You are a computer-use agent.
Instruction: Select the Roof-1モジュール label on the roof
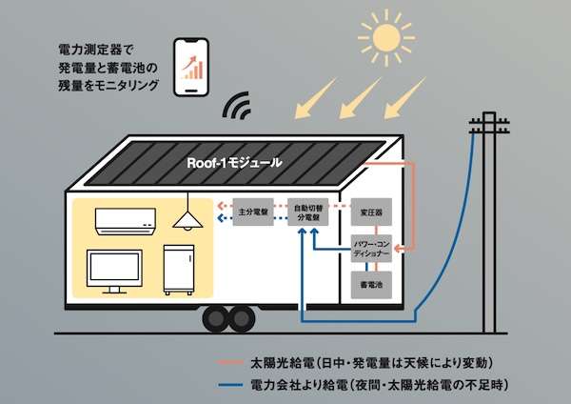pyautogui.click(x=235, y=162)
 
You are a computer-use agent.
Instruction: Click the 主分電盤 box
pyautogui.click(x=254, y=211)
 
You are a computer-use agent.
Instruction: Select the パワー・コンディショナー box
pyautogui.click(x=370, y=251)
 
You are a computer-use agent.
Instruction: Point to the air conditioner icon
pyautogui.click(x=123, y=221)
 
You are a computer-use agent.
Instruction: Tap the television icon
pyautogui.click(x=116, y=269)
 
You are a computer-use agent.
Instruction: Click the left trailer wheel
pyautogui.click(x=216, y=318)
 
